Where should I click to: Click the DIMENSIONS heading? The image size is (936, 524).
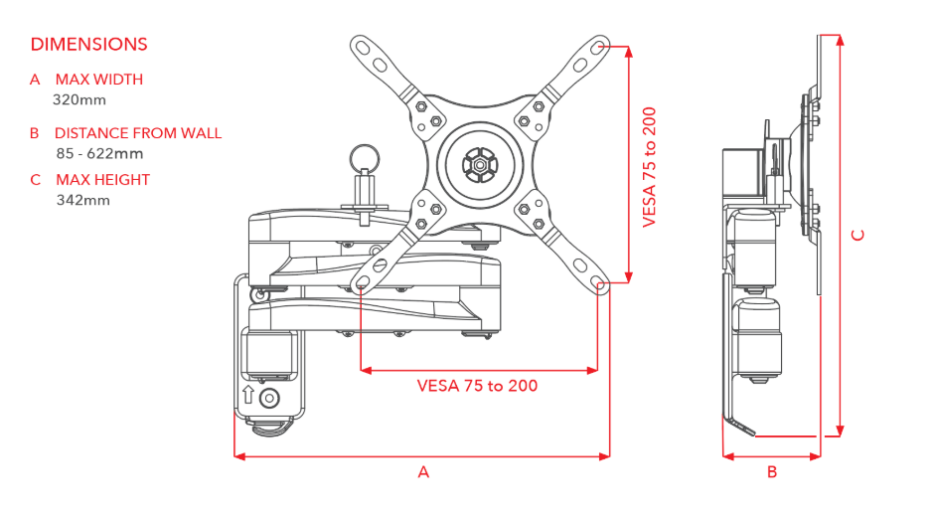point(89,44)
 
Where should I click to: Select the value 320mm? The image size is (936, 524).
point(79,99)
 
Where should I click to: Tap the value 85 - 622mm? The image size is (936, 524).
point(99,153)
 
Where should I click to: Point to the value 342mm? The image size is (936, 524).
point(83,200)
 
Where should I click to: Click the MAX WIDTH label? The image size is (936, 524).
point(99,80)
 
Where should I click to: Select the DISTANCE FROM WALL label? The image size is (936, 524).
point(138,133)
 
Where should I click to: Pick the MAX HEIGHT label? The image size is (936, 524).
point(102,180)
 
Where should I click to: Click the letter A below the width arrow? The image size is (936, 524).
point(423,472)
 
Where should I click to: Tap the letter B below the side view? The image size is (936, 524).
point(772,472)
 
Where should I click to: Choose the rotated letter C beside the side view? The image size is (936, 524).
point(858,236)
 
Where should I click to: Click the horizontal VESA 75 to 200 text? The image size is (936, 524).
point(477,386)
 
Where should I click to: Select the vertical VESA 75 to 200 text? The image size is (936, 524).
point(650,167)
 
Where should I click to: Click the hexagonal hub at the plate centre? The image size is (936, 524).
point(479,164)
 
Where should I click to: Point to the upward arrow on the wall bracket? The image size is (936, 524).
point(248,395)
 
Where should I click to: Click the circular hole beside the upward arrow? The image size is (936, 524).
point(269,398)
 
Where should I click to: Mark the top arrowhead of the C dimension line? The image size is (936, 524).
point(840,40)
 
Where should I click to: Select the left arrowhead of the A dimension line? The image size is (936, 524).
point(240,456)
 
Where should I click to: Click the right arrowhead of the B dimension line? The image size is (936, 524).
point(815,456)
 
